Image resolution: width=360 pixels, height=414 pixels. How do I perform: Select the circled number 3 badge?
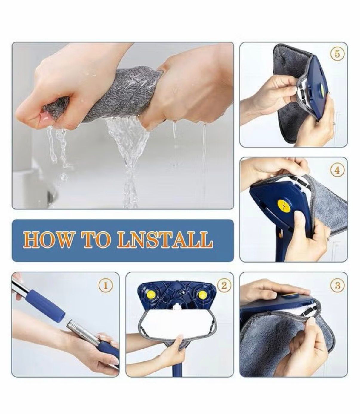[x=337, y=285]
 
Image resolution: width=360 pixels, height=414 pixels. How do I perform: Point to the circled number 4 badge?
[x=337, y=171]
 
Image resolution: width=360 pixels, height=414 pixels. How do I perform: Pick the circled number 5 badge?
[x=337, y=54]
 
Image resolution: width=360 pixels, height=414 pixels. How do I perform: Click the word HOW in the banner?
[x=48, y=239]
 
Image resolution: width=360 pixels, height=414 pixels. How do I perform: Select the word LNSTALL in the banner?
[x=165, y=239]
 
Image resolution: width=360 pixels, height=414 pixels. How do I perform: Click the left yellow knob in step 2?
[x=150, y=295]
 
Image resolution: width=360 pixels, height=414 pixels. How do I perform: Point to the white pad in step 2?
[x=176, y=323]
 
